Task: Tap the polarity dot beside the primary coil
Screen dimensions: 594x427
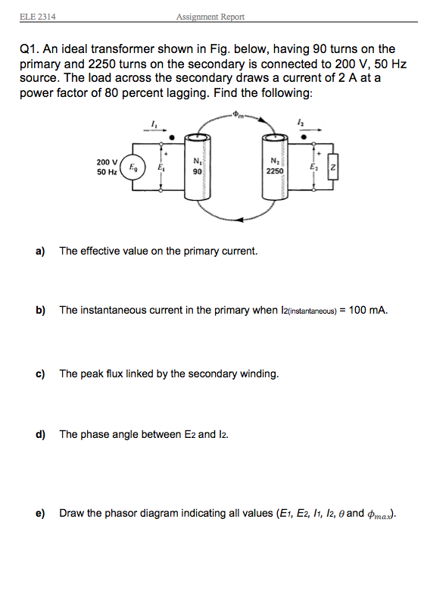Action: coord(174,138)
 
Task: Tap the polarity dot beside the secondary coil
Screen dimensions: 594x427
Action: coord(304,138)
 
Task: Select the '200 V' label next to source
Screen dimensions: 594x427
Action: coord(107,162)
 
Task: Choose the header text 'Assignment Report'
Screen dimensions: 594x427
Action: coord(210,17)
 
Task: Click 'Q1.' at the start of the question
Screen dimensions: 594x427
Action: coord(28,49)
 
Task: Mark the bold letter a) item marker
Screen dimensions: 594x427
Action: coord(40,251)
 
